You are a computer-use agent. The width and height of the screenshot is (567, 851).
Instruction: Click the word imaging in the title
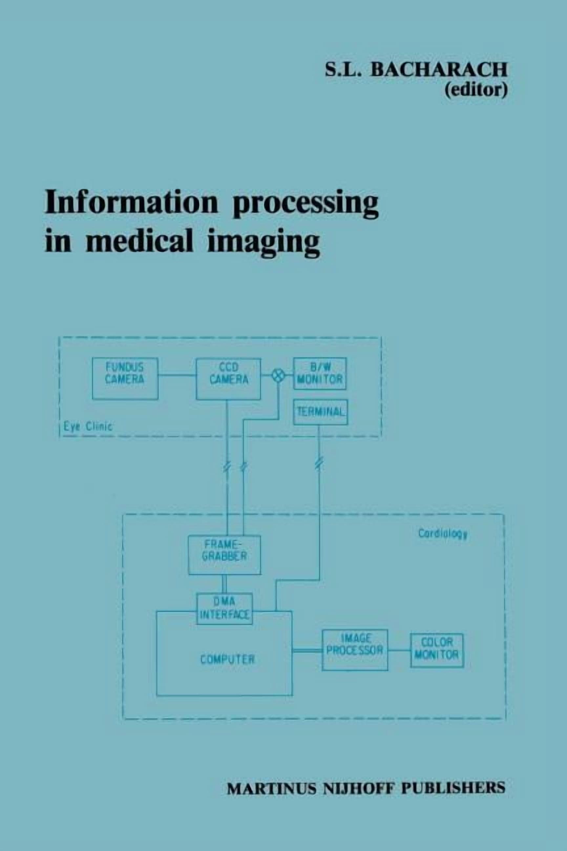click(x=263, y=244)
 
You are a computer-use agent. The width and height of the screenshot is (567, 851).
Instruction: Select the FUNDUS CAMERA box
click(x=125, y=379)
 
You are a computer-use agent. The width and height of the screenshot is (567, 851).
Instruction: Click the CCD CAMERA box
click(x=228, y=379)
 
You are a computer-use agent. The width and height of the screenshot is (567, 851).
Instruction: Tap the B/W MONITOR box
click(x=320, y=373)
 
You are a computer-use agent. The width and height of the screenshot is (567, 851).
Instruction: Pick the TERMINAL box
click(x=320, y=412)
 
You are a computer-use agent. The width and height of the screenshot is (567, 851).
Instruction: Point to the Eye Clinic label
click(x=88, y=426)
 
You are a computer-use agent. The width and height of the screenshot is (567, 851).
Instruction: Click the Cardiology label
click(x=443, y=534)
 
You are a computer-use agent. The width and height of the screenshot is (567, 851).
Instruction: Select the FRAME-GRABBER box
click(x=224, y=555)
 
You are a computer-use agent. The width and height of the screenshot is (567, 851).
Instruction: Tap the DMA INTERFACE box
click(x=224, y=609)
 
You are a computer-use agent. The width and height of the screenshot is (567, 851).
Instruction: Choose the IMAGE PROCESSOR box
click(x=355, y=650)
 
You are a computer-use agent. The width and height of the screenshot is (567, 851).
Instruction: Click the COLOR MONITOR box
click(x=437, y=650)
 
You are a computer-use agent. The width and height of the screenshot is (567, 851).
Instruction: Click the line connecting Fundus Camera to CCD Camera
click(x=177, y=375)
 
